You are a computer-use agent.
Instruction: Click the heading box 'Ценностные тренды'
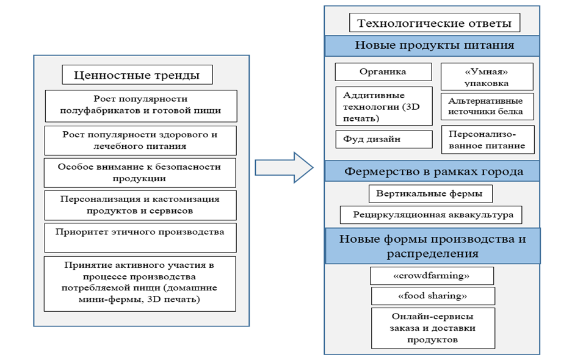(x=137, y=76)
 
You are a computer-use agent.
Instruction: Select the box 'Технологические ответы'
(x=434, y=24)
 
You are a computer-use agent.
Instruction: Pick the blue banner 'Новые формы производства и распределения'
(x=432, y=245)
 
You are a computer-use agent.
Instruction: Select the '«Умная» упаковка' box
(x=487, y=77)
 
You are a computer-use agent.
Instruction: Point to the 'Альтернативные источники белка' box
(x=487, y=107)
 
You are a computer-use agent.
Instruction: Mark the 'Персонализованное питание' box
(x=487, y=140)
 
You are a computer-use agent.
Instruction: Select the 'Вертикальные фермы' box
(x=430, y=194)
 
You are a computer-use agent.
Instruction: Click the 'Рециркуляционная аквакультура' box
(x=431, y=215)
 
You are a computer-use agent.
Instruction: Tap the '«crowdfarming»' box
(x=432, y=276)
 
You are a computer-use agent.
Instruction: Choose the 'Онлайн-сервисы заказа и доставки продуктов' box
(x=432, y=328)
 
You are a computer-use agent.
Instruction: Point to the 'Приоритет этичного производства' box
(x=140, y=237)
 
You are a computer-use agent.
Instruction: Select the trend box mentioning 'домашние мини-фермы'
(x=140, y=283)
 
